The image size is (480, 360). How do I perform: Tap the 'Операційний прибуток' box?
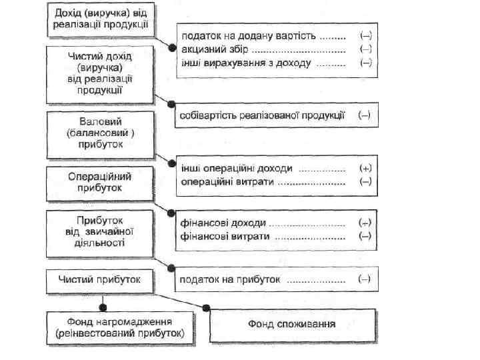pyautogui.click(x=100, y=183)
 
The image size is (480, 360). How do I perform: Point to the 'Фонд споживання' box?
pyautogui.click(x=292, y=325)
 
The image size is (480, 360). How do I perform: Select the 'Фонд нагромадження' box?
pyautogui.click(x=121, y=327)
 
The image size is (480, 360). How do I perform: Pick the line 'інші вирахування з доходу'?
pyautogui.click(x=245, y=63)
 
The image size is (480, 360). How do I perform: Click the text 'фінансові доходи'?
pyautogui.click(x=224, y=223)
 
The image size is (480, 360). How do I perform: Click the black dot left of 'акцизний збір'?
pyautogui.click(x=173, y=49)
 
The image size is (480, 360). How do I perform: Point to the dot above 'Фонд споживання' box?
pyautogui.click(x=207, y=307)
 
